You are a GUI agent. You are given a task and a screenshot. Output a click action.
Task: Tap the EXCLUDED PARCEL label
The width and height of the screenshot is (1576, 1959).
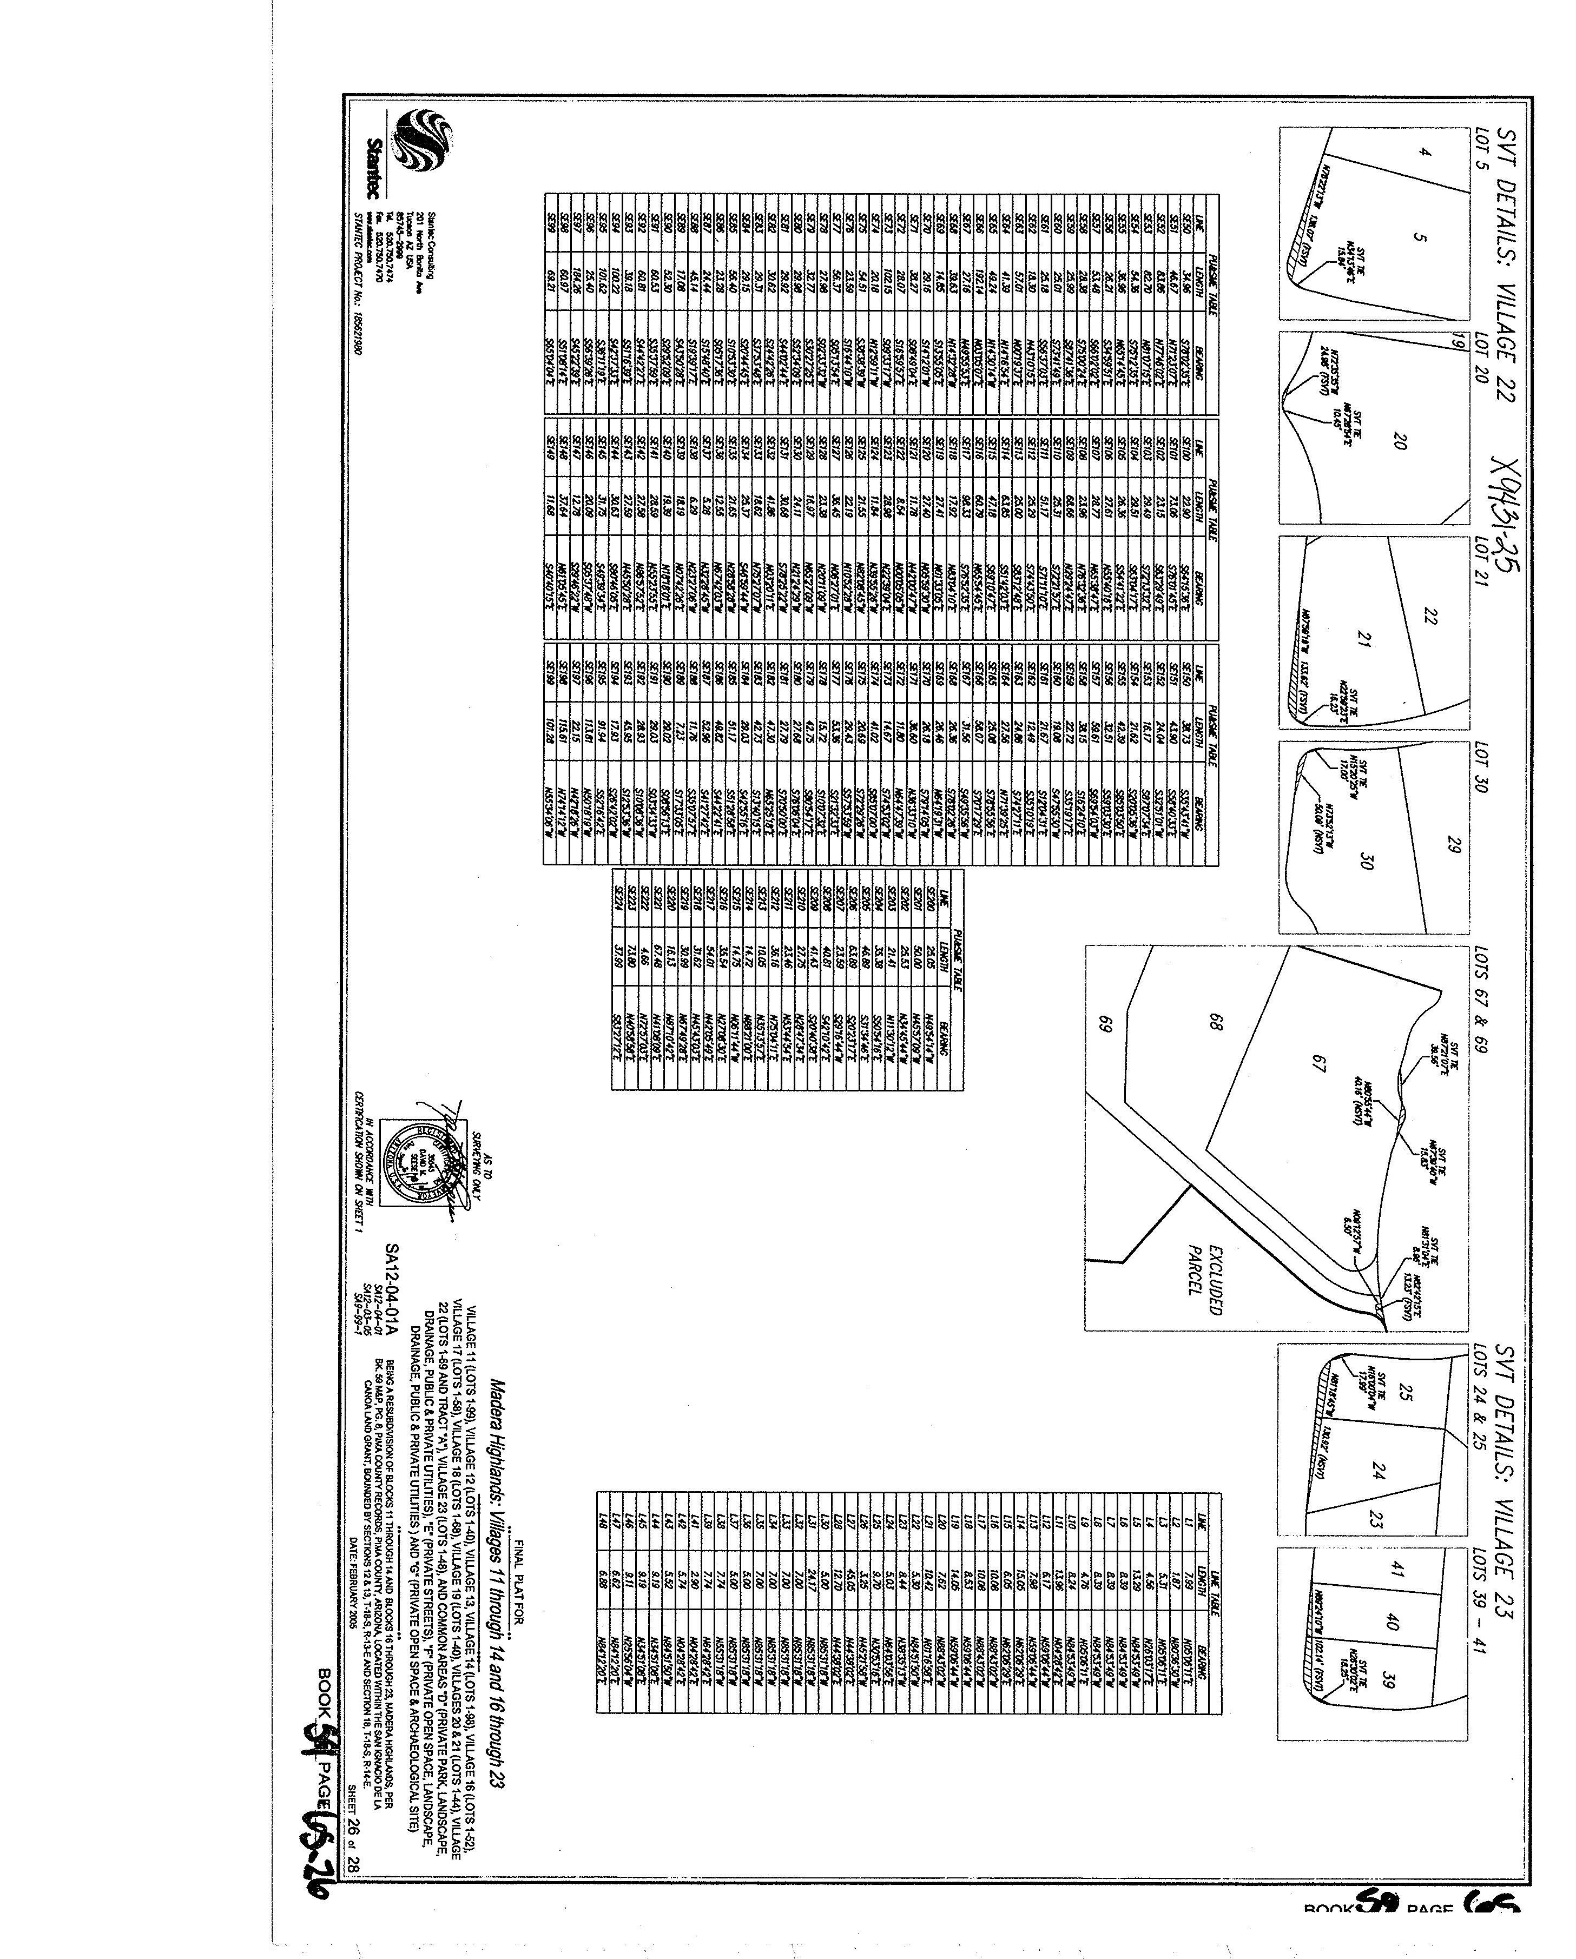click(1204, 1276)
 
